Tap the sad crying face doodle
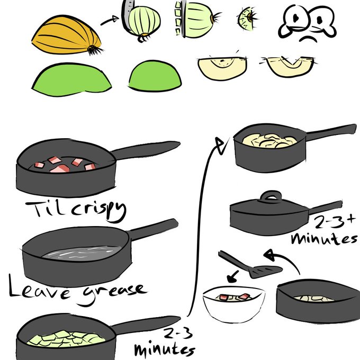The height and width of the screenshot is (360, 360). pos(307,23)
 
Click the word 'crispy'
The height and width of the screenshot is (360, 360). pos(98,211)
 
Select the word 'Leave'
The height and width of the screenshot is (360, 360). pos(39,288)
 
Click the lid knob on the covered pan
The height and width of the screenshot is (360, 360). pos(271,197)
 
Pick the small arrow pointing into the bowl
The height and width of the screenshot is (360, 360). pos(232,276)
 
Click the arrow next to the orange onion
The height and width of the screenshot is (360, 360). pos(110,21)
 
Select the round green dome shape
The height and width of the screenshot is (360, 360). pos(155,76)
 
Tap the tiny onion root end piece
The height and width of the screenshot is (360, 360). pos(247,19)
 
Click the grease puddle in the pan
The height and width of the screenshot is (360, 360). pos(82,253)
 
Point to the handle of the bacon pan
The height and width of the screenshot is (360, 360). pos(146,150)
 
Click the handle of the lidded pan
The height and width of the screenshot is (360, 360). pos(325,208)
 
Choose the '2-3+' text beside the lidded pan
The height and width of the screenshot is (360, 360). pos(335,222)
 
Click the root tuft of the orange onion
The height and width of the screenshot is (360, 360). pos(95,50)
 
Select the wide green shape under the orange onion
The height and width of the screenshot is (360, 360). pos(71,79)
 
